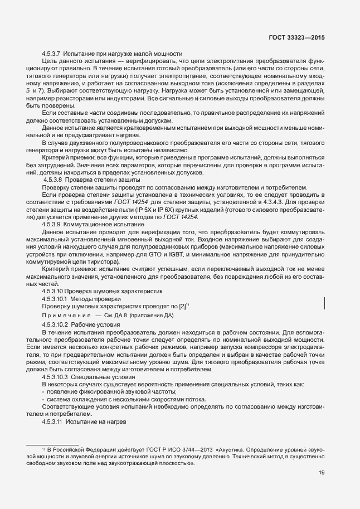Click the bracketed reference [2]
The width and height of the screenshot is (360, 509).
[181, 306]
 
